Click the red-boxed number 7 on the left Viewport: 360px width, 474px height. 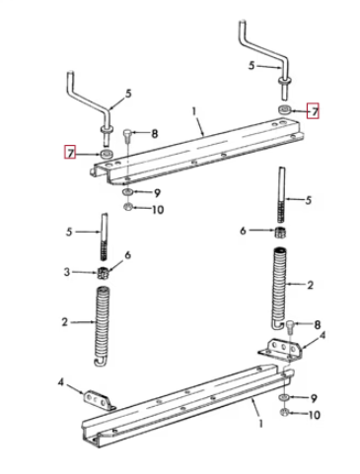(70, 153)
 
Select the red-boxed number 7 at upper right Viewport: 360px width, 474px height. (313, 110)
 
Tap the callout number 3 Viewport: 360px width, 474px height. (67, 272)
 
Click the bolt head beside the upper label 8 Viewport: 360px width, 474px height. (128, 134)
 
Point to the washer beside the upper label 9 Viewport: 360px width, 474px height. (127, 191)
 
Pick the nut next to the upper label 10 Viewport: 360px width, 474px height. (128, 207)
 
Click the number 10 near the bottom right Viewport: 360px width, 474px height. (314, 415)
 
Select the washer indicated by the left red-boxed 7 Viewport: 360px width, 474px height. (107, 154)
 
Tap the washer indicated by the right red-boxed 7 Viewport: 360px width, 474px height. (285, 109)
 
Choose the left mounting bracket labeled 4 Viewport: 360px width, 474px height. (99, 401)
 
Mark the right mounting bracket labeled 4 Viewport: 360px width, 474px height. (280, 350)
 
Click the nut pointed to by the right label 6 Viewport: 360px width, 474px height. (280, 233)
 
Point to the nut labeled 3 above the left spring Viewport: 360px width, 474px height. (104, 273)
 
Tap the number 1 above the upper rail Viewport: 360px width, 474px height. (194, 111)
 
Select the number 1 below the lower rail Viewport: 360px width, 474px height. (260, 423)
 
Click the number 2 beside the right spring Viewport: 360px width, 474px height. (310, 285)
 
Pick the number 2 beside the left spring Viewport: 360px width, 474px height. (65, 321)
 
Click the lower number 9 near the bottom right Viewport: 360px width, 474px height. (314, 398)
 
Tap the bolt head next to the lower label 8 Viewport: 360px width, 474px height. (290, 326)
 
